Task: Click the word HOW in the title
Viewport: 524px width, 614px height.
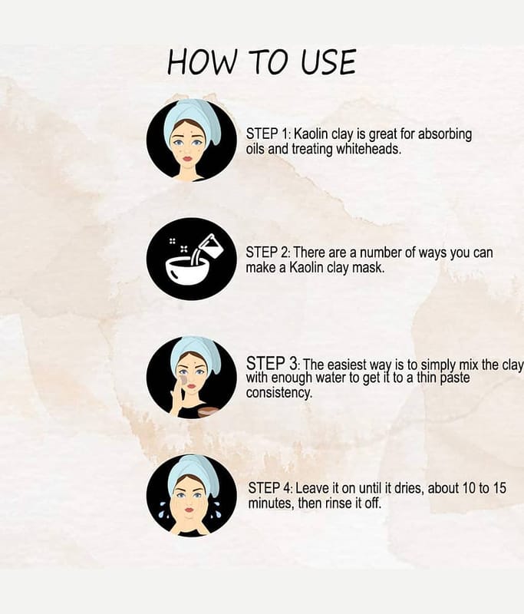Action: click(203, 62)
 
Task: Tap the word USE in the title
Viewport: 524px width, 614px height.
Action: click(328, 62)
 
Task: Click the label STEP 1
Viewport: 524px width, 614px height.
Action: click(268, 134)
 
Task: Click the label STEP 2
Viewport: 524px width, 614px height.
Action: click(268, 253)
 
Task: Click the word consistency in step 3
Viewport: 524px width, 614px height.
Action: click(279, 392)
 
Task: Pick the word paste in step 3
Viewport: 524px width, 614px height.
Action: click(455, 378)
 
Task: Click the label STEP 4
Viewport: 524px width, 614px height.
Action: click(270, 488)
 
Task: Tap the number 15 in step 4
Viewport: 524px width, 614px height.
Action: click(499, 488)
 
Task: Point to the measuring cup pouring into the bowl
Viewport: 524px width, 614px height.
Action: click(210, 246)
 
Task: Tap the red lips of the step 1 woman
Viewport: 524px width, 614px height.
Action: click(188, 159)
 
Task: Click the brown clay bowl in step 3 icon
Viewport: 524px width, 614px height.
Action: click(206, 412)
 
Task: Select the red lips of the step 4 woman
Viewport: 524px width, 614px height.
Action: click(189, 510)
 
